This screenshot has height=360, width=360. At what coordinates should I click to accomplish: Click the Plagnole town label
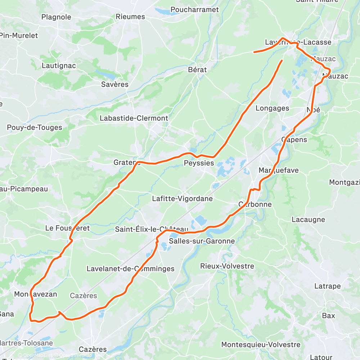point(56,17)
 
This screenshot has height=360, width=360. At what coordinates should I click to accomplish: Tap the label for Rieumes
point(130,17)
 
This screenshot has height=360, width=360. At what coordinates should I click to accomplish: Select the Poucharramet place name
point(195,10)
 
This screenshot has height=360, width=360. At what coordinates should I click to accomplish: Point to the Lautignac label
point(59,66)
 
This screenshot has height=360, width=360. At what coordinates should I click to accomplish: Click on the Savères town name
point(114,85)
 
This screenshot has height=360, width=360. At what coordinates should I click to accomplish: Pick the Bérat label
point(198,70)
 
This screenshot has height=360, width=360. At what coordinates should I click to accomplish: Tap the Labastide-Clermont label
point(134,118)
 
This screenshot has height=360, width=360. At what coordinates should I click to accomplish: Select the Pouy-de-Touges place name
point(35,127)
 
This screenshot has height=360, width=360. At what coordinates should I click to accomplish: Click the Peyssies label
point(199,163)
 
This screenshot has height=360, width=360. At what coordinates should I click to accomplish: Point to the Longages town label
point(272,108)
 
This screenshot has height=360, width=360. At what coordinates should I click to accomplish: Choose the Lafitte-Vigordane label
point(182,199)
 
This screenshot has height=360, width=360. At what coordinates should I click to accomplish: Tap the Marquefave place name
point(279,170)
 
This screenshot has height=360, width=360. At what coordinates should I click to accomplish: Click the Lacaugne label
point(308,220)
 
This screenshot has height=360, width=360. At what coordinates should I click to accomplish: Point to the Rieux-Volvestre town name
point(227,266)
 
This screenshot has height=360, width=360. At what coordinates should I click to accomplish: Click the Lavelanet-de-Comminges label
point(130,269)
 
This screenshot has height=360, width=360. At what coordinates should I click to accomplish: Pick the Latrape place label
point(327,286)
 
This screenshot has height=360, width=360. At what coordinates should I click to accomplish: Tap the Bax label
point(328,316)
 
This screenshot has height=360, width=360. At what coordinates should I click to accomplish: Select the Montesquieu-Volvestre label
point(261,345)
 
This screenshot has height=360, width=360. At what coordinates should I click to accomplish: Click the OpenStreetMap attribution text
point(74,355)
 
